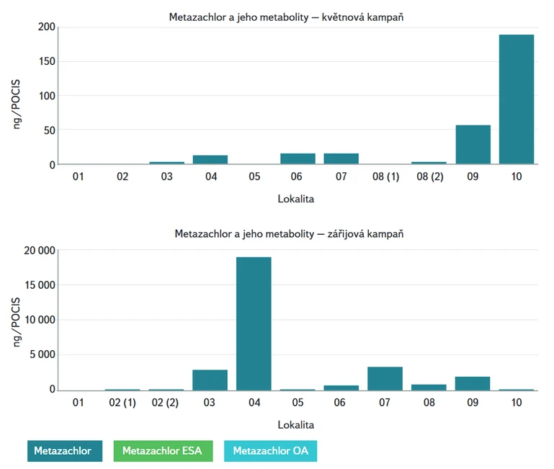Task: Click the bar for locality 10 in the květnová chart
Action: [516, 99]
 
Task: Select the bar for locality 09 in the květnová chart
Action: [473, 145]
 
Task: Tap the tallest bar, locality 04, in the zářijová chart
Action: [254, 323]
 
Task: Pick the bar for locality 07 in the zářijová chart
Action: [385, 378]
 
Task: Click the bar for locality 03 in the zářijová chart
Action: [210, 380]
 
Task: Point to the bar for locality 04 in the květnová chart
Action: [210, 159]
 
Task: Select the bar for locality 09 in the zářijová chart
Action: [473, 383]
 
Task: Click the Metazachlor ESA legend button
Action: [168, 451]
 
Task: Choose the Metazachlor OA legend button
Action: [270, 451]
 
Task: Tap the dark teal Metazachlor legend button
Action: [65, 451]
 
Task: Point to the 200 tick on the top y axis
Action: [46, 27]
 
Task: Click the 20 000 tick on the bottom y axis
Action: [37, 251]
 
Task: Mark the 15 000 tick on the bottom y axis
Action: [37, 285]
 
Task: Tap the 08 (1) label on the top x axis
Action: [385, 177]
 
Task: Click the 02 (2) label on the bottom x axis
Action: [166, 401]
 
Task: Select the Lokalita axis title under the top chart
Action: [296, 197]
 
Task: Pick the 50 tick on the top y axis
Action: [48, 130]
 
